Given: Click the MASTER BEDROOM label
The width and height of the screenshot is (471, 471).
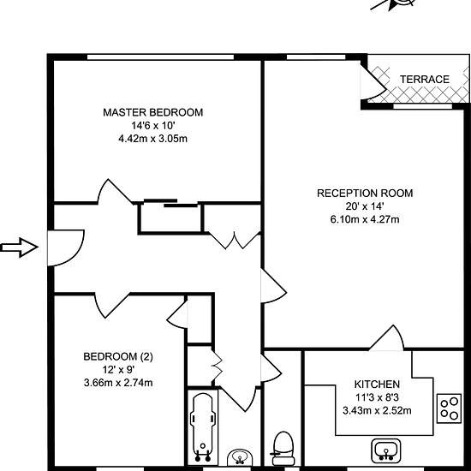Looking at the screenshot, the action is click(153, 112).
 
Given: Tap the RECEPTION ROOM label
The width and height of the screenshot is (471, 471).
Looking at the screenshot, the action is click(365, 194).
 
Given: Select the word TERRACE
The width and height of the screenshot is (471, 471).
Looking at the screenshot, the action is click(425, 80).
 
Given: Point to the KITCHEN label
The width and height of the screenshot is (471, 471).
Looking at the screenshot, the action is click(377, 385).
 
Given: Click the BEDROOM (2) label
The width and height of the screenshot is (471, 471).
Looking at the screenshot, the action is click(118, 356).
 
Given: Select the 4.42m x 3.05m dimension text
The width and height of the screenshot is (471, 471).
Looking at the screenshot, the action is click(153, 139).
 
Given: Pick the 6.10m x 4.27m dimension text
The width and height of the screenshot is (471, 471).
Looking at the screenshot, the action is click(365, 219).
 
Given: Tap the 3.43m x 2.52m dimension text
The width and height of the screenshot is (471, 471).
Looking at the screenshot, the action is click(377, 410).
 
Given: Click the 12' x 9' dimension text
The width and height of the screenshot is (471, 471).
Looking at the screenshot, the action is click(118, 370).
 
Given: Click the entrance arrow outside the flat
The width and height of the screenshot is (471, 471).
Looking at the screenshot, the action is click(19, 247).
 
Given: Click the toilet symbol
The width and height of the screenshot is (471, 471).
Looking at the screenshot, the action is click(283, 449).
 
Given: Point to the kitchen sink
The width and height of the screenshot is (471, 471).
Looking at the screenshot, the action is click(385, 450).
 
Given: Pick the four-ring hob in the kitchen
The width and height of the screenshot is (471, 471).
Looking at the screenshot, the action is click(449, 408).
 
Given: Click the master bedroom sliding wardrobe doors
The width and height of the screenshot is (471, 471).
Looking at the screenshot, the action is click(170, 203).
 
